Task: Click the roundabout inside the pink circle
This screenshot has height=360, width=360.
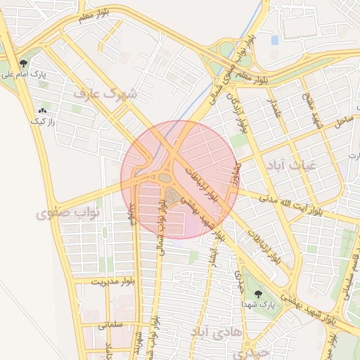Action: coord(165,178)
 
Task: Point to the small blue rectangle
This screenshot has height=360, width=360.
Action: coord(274,40)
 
